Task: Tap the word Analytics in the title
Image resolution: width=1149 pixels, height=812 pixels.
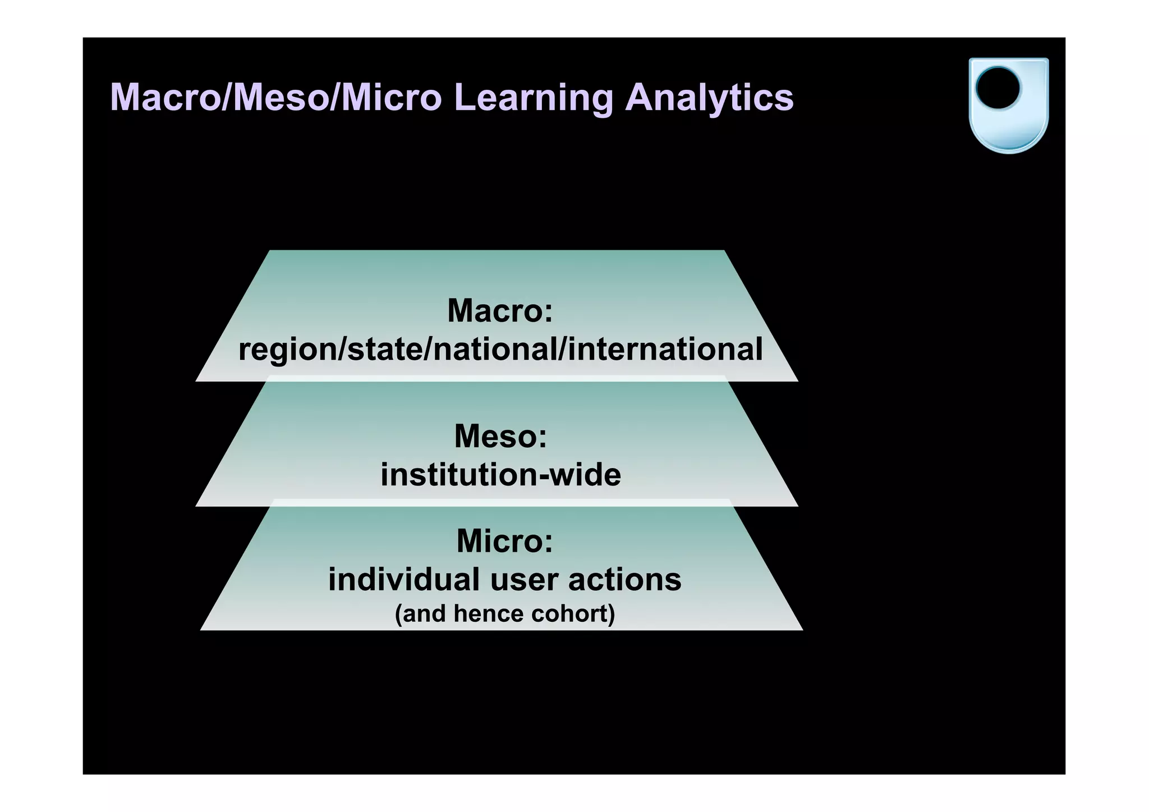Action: click(x=709, y=98)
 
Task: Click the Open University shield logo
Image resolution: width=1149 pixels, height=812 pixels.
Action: click(x=1008, y=105)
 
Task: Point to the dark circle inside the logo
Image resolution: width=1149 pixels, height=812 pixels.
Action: click(x=998, y=89)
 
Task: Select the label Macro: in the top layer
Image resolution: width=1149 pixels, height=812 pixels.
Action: click(x=500, y=310)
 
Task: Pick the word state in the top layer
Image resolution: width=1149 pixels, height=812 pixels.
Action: click(x=384, y=348)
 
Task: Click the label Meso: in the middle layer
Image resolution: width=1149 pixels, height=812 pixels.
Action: click(x=500, y=436)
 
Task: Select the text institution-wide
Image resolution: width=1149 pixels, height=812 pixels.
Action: click(x=500, y=475)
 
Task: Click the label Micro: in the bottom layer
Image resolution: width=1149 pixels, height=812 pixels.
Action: click(x=504, y=541)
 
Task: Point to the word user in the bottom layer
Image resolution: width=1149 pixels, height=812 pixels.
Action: click(x=524, y=580)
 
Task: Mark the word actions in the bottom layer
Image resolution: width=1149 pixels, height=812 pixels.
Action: click(x=624, y=580)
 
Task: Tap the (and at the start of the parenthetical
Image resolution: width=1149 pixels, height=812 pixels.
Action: click(x=421, y=613)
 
